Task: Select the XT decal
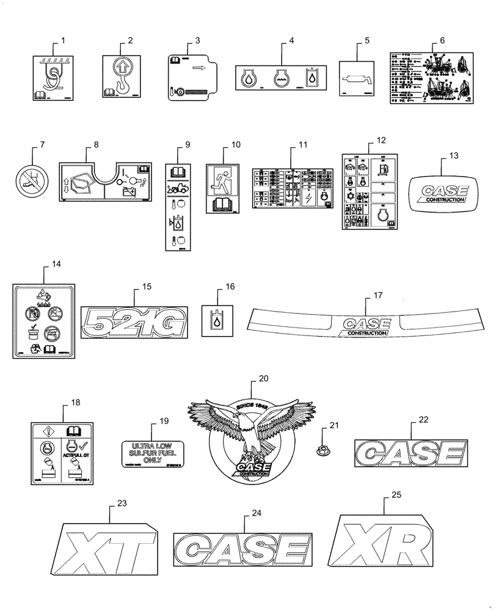(109, 546)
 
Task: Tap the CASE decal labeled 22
(406, 455)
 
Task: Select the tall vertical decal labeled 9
(179, 206)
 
